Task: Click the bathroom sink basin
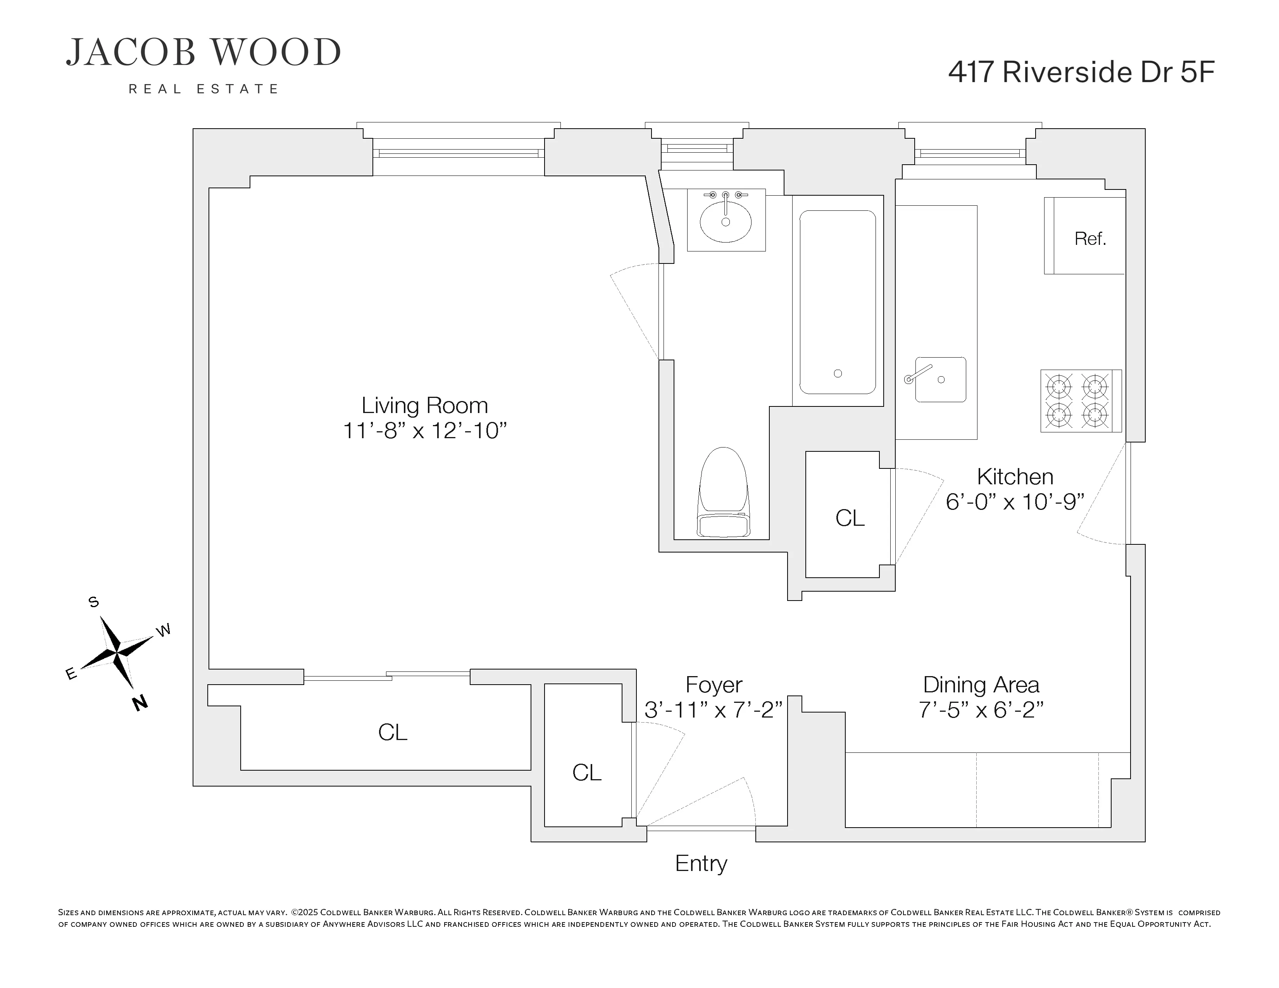(x=726, y=222)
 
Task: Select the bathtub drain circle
(x=838, y=374)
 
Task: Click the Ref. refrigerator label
(x=1090, y=238)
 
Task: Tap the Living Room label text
(x=424, y=405)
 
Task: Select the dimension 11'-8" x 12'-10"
(x=424, y=431)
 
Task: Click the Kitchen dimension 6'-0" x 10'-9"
(x=1015, y=502)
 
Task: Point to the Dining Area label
(x=981, y=684)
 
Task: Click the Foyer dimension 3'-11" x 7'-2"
(x=713, y=710)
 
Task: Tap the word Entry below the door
(x=701, y=863)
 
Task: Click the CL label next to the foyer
(x=587, y=772)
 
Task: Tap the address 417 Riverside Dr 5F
(x=1081, y=72)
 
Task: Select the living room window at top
(x=459, y=153)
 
